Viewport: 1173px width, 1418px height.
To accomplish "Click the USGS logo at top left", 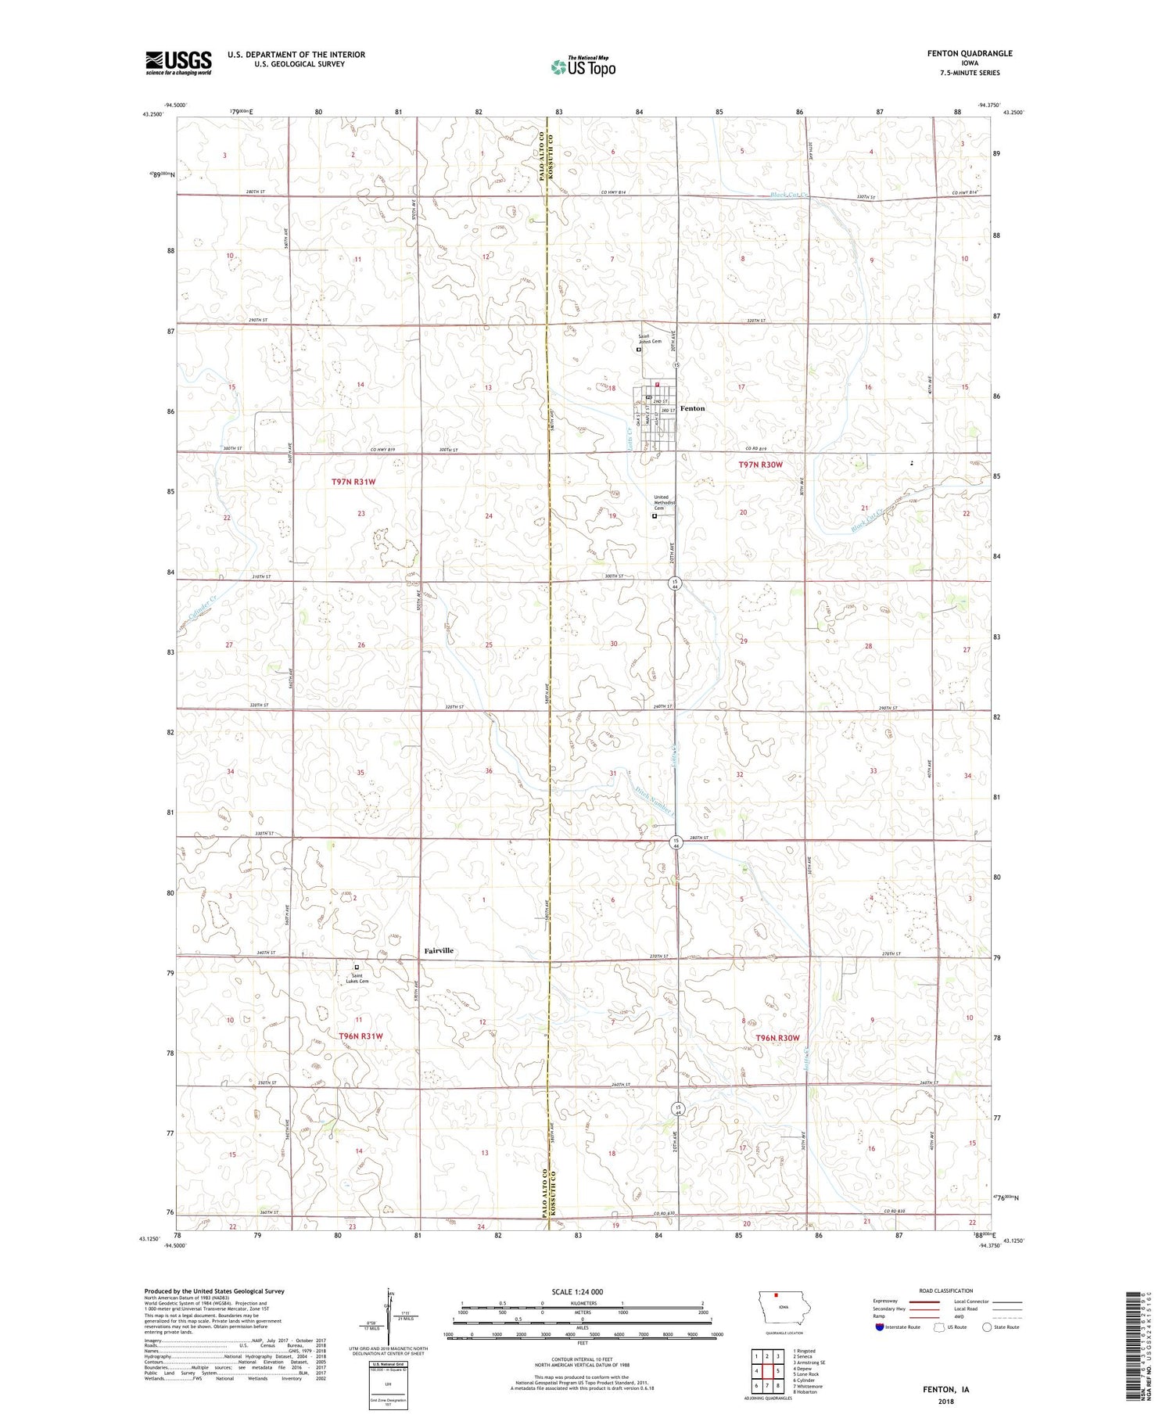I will click(x=178, y=63).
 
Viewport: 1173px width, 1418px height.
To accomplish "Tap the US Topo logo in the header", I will click(x=583, y=66).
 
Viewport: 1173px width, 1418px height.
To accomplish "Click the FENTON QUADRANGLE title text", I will click(x=967, y=53).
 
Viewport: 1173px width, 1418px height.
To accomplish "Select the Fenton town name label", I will click(x=692, y=408).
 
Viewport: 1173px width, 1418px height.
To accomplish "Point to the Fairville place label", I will click(x=439, y=950).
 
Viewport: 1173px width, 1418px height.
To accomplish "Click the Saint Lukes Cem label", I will click(x=357, y=978).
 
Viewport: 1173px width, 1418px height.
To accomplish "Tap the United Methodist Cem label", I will click(x=661, y=502).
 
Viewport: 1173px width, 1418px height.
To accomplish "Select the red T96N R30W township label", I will click(x=778, y=1038).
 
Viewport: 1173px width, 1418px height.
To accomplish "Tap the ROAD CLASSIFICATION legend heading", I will click(x=945, y=1291).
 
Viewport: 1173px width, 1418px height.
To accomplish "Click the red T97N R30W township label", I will click(x=760, y=465).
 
